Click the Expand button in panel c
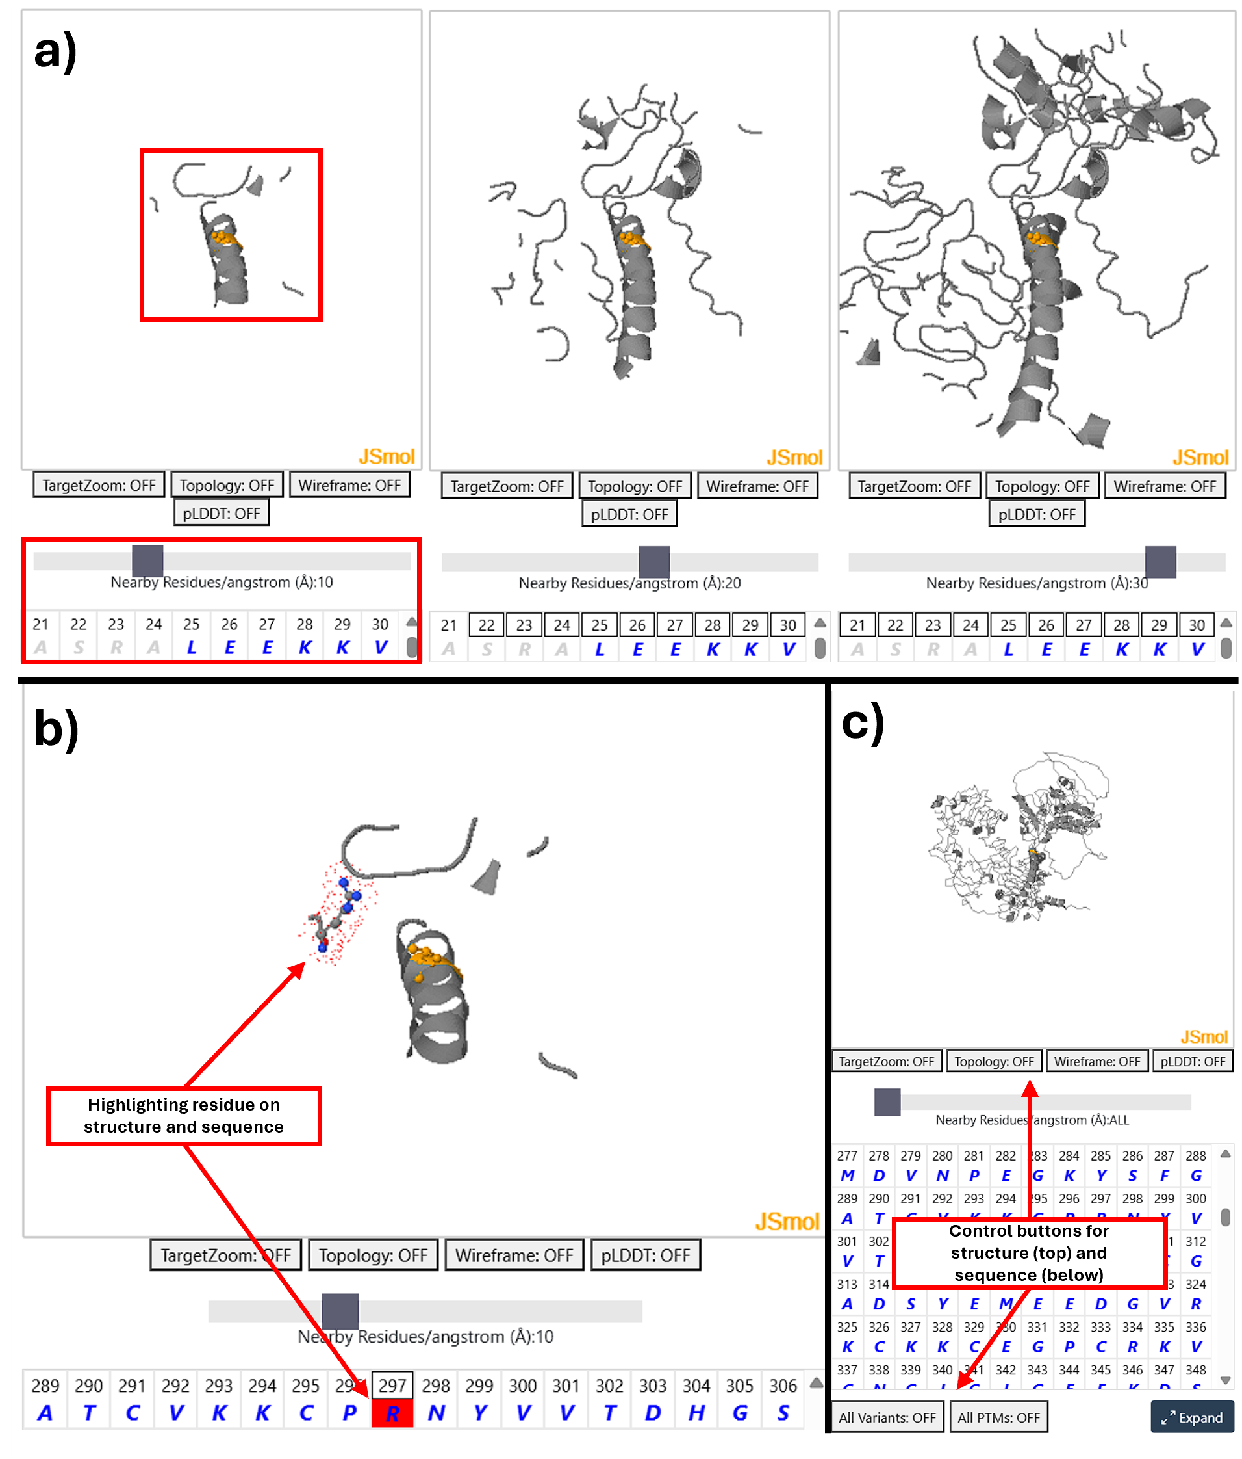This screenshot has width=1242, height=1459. (1192, 1417)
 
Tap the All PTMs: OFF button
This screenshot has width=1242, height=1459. (998, 1417)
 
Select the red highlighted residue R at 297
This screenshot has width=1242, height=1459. (392, 1413)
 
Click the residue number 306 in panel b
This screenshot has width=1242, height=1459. (783, 1386)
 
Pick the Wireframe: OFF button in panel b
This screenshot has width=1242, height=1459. (514, 1255)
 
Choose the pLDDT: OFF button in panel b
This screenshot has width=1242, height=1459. (644, 1255)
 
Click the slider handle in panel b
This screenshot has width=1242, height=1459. (340, 1311)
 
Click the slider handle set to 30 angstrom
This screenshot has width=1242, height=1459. (1160, 562)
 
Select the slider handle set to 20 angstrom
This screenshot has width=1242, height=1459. (653, 562)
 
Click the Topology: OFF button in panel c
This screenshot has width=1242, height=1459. (994, 1061)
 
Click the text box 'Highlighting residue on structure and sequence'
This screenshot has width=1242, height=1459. (184, 1115)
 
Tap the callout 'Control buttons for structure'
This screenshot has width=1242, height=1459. (1029, 1253)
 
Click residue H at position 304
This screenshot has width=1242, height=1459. (696, 1413)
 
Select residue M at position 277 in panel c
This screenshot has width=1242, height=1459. (847, 1176)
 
